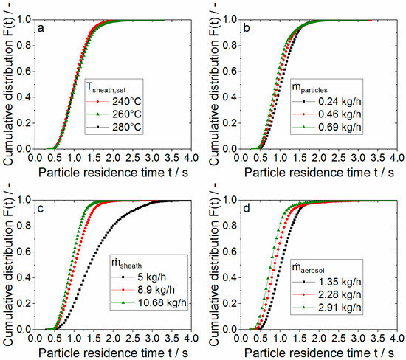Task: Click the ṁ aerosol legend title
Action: point(328,266)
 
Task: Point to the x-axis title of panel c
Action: point(114,353)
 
